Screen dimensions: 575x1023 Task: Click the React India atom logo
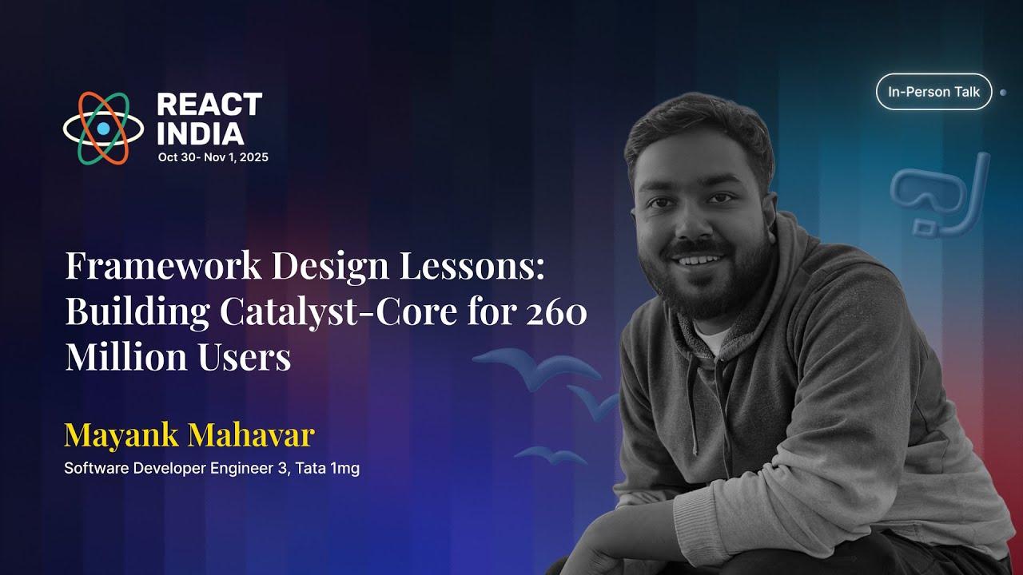click(x=103, y=128)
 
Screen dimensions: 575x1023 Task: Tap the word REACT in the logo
click(x=209, y=105)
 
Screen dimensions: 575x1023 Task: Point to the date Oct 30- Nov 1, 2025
click(x=213, y=157)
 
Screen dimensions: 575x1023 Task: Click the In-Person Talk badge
click(x=933, y=92)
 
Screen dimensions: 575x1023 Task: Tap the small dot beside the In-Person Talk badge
click(x=1003, y=93)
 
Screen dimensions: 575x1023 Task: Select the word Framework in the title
click(x=163, y=266)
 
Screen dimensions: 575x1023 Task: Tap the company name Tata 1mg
click(x=328, y=469)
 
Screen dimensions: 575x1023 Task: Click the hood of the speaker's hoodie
click(x=799, y=264)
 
